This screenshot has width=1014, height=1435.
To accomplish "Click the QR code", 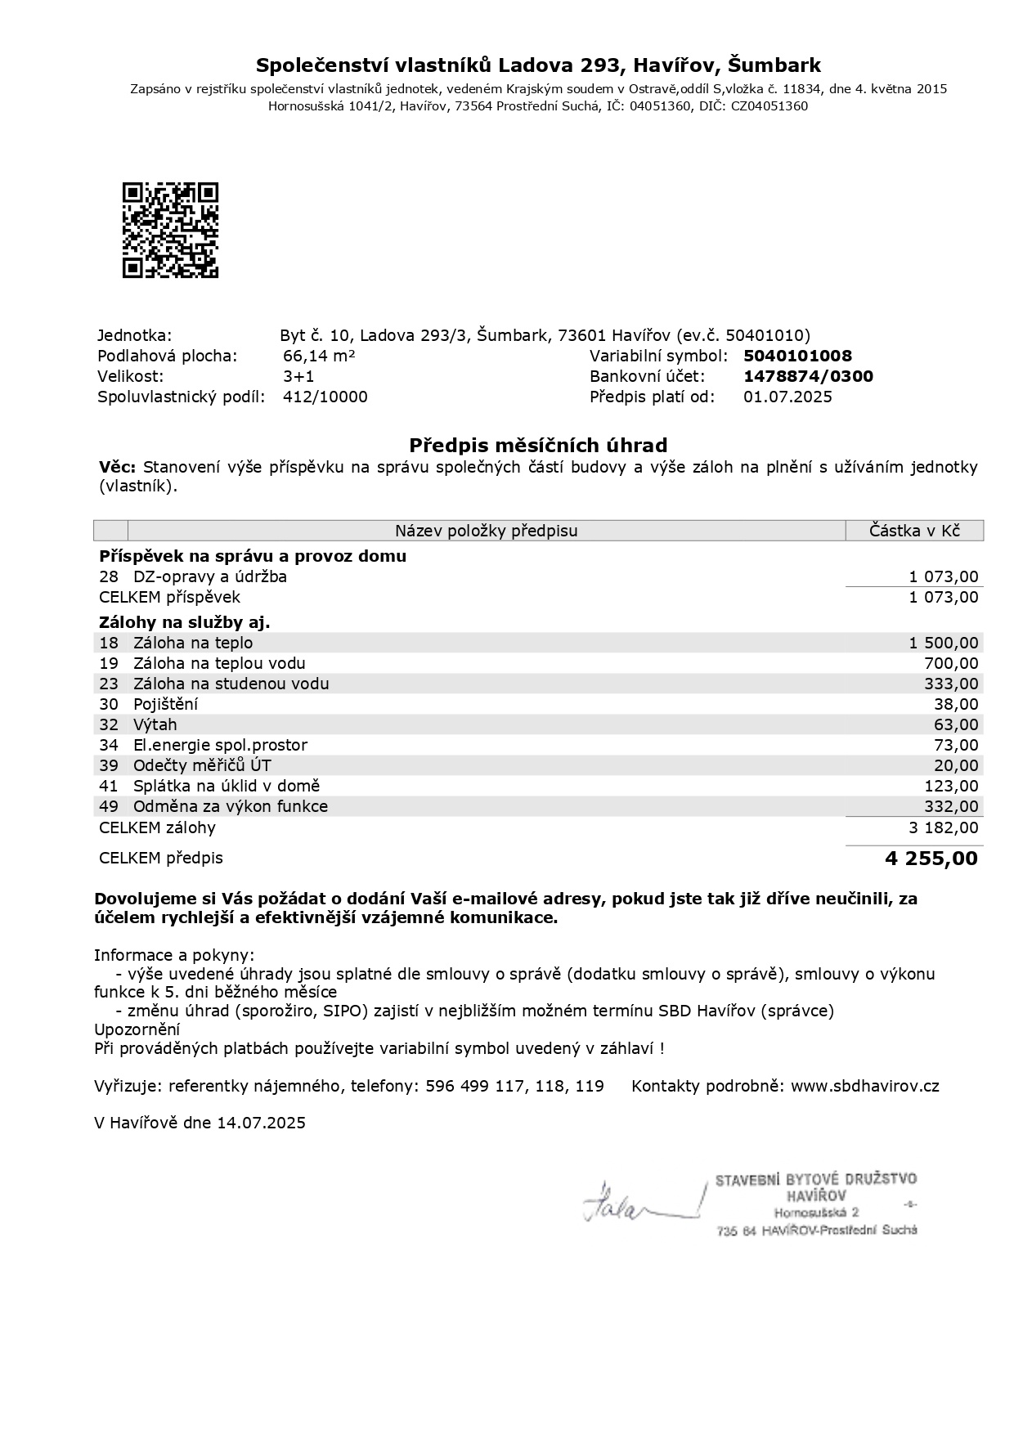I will (170, 230).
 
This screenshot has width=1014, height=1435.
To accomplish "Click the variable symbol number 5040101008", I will (797, 356).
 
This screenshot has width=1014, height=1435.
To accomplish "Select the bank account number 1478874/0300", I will (808, 376).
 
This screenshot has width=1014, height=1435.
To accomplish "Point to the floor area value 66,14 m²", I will (318, 356).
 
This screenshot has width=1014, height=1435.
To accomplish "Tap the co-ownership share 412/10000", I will (325, 397).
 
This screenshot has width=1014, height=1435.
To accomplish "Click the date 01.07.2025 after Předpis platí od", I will (787, 397).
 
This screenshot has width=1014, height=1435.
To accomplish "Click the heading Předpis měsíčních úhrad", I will (538, 445).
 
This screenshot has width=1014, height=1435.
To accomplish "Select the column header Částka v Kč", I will (914, 531).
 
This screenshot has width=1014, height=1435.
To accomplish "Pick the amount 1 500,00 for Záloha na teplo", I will (943, 643).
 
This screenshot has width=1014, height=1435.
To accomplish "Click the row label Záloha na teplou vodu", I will (219, 663).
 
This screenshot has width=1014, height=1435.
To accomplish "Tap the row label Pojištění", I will (165, 704).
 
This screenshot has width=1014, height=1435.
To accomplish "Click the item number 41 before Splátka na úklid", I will (109, 786).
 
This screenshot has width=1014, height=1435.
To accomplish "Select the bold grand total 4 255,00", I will (931, 858).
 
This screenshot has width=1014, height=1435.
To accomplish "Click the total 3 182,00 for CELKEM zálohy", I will (943, 827).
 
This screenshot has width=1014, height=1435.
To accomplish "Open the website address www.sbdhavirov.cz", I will (864, 1086).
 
